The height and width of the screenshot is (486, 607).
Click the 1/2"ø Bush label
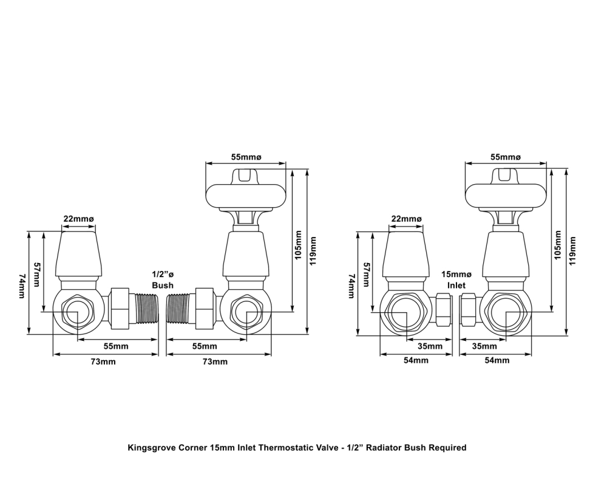click(x=162, y=279)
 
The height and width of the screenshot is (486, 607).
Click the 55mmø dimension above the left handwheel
click(x=246, y=157)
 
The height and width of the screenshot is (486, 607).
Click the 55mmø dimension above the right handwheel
click(x=506, y=157)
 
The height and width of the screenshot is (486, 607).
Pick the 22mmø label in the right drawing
click(x=406, y=219)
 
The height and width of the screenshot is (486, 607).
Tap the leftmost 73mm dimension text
click(x=103, y=361)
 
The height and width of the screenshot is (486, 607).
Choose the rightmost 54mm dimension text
click(x=497, y=360)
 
